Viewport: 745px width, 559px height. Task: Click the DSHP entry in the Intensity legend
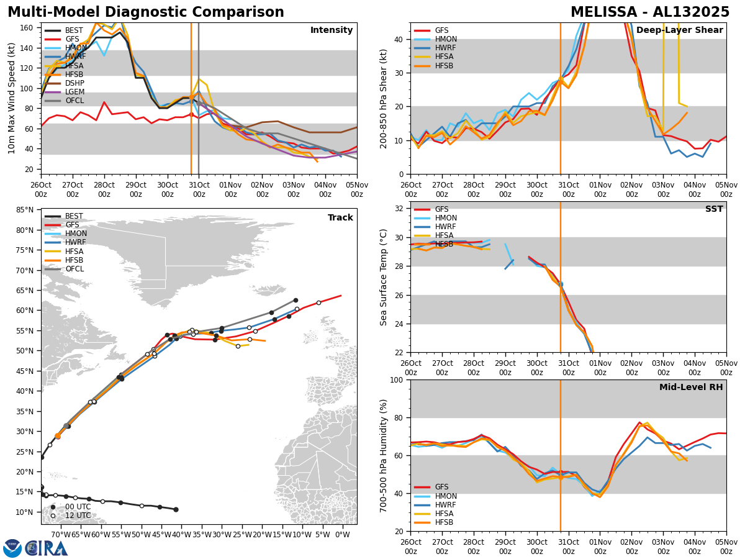point(74,83)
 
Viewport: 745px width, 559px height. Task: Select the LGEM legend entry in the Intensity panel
point(74,91)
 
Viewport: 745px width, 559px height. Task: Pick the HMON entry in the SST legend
point(446,218)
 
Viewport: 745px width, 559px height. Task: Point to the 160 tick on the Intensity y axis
point(28,27)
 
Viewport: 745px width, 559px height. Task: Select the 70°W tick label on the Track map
point(60,534)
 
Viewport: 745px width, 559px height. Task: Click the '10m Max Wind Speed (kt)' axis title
point(12,98)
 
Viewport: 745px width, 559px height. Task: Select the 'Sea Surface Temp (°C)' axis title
point(384,277)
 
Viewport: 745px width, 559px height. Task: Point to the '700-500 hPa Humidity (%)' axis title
point(384,455)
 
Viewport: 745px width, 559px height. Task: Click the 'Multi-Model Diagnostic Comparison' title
point(146,12)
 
